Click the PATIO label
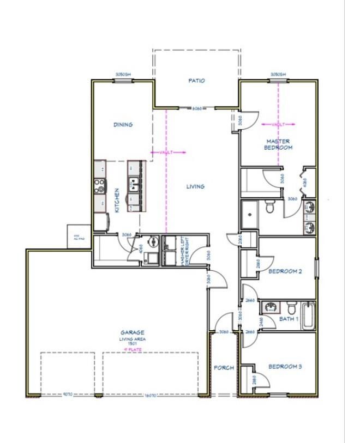click(x=196, y=81)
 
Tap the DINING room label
click(x=123, y=125)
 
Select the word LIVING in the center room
click(x=195, y=186)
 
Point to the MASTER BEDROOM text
click(x=278, y=144)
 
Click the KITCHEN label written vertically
click(x=117, y=200)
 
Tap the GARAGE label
click(x=131, y=332)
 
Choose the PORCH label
click(x=224, y=368)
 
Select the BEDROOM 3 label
click(x=285, y=367)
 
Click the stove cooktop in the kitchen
click(x=100, y=186)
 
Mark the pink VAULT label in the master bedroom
click(x=278, y=124)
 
